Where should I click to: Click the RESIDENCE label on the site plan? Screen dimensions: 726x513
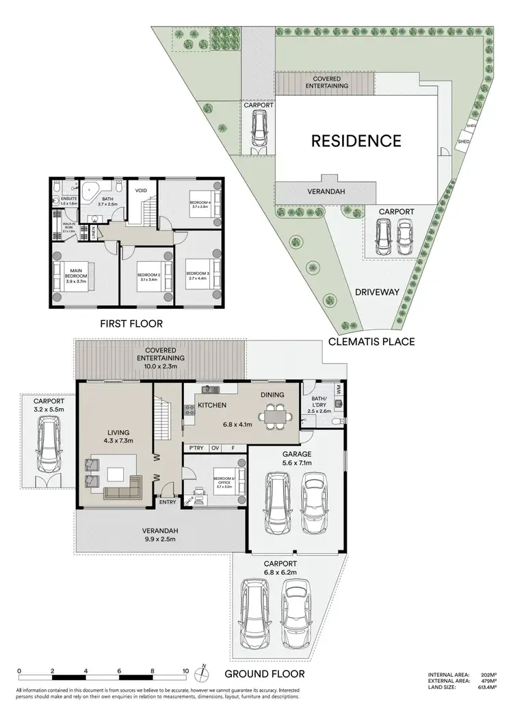(x=356, y=142)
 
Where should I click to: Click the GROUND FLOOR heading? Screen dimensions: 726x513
(x=268, y=673)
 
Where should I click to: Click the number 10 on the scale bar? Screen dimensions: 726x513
(x=185, y=671)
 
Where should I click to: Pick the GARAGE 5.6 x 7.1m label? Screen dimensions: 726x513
(x=298, y=458)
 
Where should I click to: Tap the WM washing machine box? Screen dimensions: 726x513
(x=338, y=389)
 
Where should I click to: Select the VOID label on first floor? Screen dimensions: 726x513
(x=142, y=191)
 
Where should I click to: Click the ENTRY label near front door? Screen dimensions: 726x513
(x=168, y=502)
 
